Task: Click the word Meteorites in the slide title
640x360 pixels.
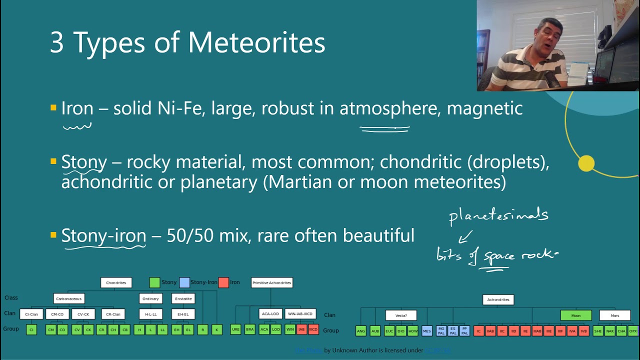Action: (256, 42)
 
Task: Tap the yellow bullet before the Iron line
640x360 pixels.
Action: (53, 107)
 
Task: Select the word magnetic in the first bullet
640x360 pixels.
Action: (484, 108)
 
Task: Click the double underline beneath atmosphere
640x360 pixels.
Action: (384, 129)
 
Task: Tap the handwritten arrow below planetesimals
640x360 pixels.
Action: (464, 237)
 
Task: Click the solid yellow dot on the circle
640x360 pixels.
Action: (586, 163)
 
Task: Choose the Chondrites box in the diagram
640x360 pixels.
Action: (116, 283)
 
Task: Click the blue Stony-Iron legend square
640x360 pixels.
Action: (184, 282)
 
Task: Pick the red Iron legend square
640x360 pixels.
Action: (223, 282)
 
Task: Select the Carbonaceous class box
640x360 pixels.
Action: (69, 299)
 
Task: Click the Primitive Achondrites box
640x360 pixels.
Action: (271, 283)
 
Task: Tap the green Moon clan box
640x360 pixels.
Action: (576, 315)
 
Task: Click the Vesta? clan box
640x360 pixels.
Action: (401, 315)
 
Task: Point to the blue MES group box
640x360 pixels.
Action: (426, 331)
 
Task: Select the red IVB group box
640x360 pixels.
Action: (583, 331)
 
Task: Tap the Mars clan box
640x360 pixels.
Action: (614, 315)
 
